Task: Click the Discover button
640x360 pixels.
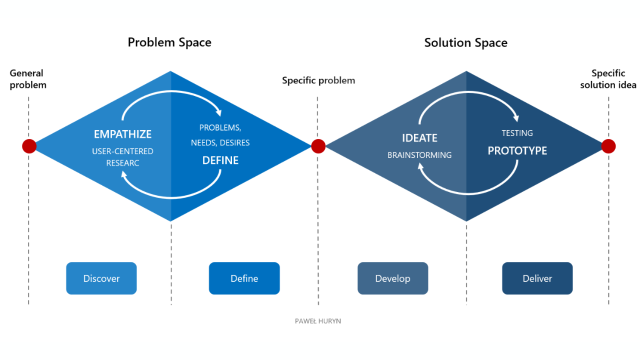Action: tap(101, 278)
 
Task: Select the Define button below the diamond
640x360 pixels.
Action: tap(244, 278)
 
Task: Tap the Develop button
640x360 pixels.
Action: tap(392, 278)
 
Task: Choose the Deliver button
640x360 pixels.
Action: tap(537, 278)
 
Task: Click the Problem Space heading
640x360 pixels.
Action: tap(169, 42)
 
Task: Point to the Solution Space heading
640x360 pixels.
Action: tap(465, 43)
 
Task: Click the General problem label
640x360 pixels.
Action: tap(28, 79)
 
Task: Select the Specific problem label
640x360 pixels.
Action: tap(318, 80)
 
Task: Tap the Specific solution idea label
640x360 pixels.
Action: tap(608, 79)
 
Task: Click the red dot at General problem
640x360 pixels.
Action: tap(29, 146)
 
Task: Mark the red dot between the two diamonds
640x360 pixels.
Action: tap(318, 146)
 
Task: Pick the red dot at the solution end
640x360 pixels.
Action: tap(608, 146)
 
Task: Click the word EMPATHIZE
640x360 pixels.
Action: tap(122, 134)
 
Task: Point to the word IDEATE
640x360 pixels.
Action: tap(419, 138)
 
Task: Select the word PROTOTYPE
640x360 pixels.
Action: tap(517, 150)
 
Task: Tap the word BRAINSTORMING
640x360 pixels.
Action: tap(419, 155)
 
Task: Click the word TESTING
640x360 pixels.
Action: tap(517, 133)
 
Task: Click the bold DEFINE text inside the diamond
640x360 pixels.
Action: tap(220, 160)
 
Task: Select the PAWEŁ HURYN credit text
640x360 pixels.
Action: tap(318, 321)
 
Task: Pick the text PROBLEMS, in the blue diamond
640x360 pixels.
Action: tap(220, 127)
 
